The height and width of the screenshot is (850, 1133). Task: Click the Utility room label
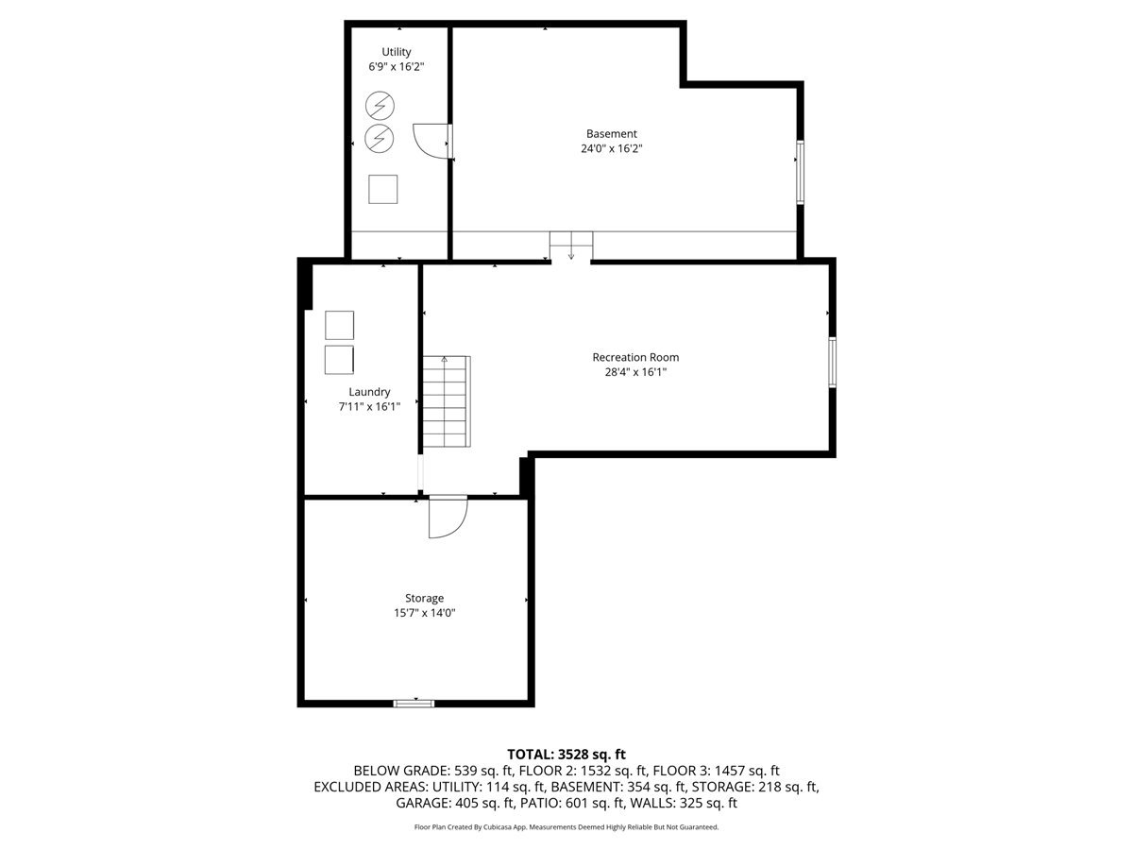coord(397,52)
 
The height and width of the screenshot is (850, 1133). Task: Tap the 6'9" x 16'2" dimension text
coord(397,68)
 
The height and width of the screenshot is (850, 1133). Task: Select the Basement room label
coord(611,134)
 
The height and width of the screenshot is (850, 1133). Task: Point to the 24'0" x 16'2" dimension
coord(611,149)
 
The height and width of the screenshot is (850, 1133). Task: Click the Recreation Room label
coord(635,357)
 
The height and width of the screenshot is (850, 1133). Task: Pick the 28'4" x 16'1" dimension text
coord(635,372)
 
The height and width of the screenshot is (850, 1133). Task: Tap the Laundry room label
coord(369,392)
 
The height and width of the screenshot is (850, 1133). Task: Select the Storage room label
coord(424,598)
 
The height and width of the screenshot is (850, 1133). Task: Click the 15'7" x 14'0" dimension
coord(424,613)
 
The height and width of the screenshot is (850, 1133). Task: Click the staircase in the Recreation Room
coord(446,400)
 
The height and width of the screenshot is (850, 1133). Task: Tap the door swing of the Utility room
coord(431,141)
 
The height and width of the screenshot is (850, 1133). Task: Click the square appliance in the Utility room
coord(383,189)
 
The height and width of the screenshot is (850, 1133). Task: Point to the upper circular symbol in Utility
coord(380,105)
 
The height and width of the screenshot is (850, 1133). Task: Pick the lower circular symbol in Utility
coord(380,138)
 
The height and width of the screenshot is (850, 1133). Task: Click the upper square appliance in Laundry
coord(339,325)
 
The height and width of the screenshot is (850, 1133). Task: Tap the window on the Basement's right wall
coord(800,173)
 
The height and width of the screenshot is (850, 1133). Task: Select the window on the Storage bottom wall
coord(414,703)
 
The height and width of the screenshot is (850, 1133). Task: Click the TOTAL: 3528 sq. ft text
coord(566,754)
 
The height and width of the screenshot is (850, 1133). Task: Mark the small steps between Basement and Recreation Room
coord(570,246)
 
